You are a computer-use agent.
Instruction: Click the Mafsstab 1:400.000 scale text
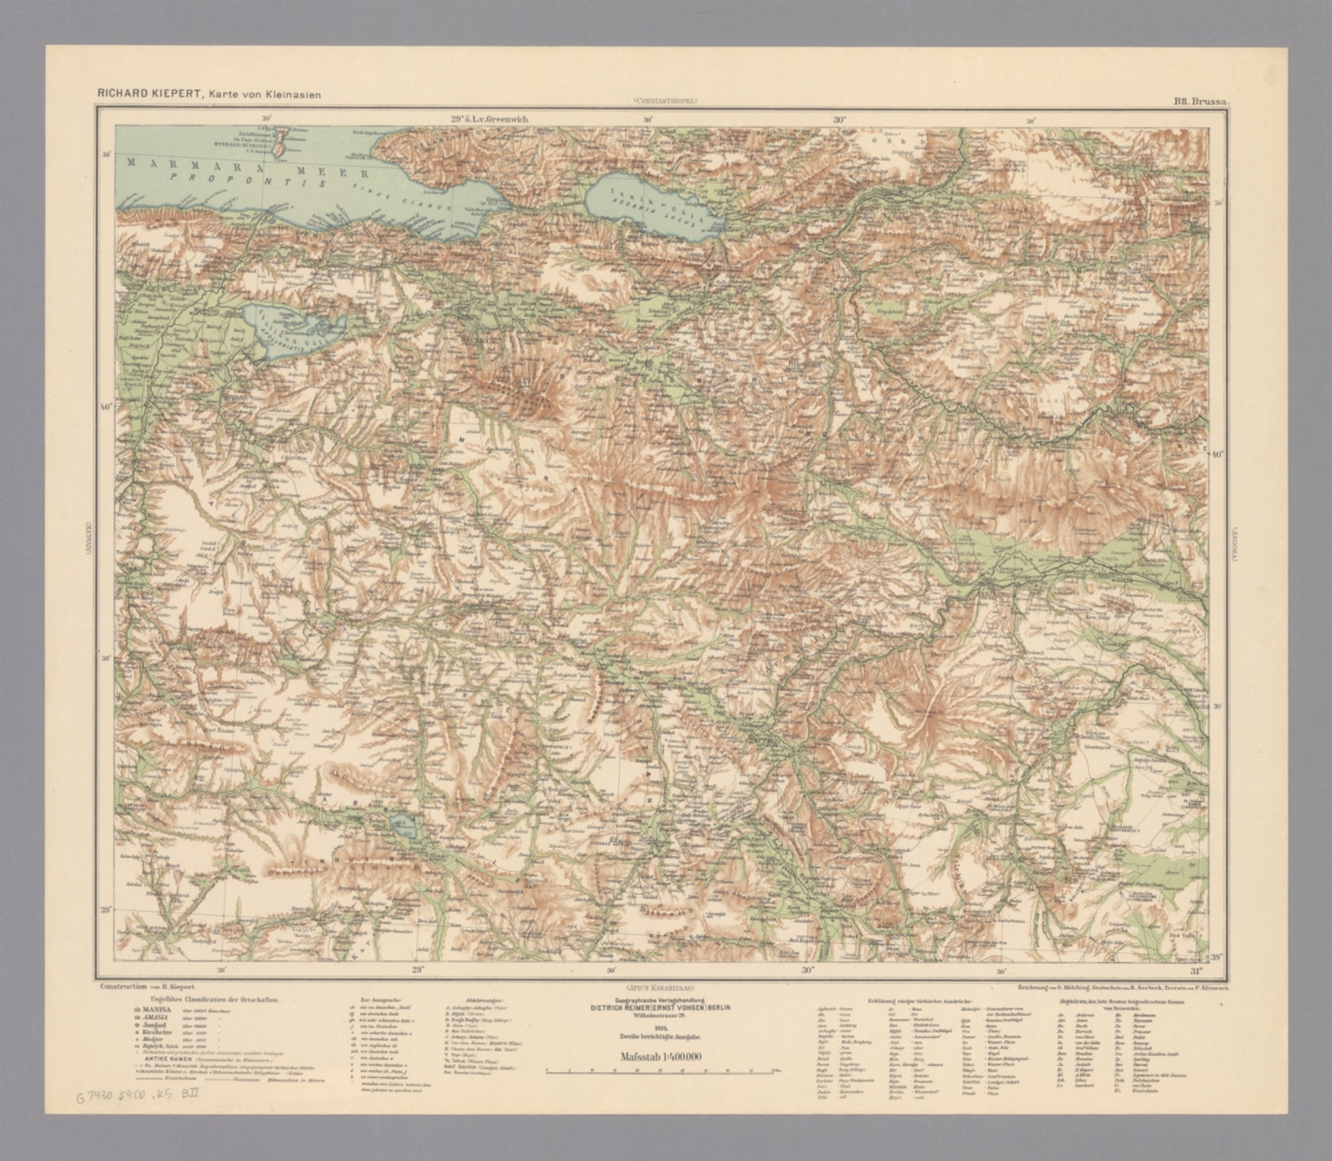pyautogui.click(x=661, y=1056)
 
